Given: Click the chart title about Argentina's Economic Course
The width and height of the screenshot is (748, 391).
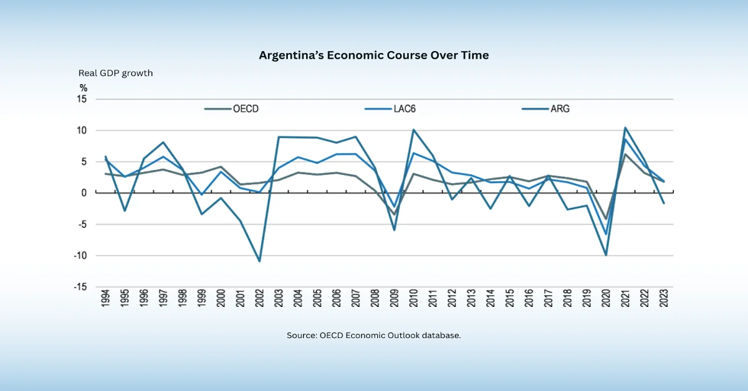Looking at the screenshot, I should click(374, 55).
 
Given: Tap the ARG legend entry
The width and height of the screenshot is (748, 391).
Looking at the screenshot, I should click(560, 109).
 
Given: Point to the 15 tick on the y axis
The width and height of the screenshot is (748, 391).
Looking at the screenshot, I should click(82, 100).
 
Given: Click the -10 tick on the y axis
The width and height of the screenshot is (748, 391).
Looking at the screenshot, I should click(81, 256).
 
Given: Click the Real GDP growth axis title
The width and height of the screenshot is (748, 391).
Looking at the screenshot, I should click(115, 73).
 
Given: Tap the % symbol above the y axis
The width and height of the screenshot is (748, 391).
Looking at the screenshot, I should click(83, 88).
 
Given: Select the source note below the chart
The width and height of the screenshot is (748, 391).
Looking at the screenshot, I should click(374, 335).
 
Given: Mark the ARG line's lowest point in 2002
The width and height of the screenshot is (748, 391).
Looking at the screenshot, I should click(259, 261).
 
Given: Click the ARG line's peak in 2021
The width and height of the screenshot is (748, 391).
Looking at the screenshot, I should click(625, 128).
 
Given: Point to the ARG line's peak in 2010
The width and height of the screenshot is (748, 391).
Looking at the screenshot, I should click(413, 130).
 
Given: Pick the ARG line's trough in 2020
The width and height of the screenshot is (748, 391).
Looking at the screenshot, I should click(605, 255).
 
